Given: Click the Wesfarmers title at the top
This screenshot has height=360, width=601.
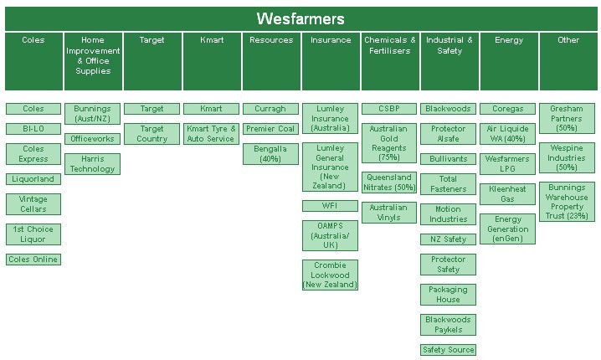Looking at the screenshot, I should click(x=300, y=19).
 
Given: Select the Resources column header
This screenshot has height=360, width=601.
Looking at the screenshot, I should click(x=271, y=40).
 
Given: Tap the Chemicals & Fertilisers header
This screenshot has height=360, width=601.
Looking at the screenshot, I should click(x=389, y=45).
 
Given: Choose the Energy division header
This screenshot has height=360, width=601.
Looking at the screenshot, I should click(x=508, y=40).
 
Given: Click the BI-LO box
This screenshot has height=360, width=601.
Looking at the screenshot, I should click(x=33, y=129).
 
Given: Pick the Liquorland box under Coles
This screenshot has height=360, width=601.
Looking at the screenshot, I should click(x=33, y=179).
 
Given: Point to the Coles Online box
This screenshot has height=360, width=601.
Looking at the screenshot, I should click(x=33, y=260).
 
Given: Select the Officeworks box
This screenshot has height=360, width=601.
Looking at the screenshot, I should click(x=92, y=139).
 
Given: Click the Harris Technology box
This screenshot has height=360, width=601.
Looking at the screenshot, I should click(x=92, y=164).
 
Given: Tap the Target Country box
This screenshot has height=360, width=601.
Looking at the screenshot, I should click(x=152, y=134).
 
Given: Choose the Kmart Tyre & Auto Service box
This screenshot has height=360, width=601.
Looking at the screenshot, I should click(x=211, y=134).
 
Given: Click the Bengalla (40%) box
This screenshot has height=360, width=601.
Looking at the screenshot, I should click(x=270, y=154).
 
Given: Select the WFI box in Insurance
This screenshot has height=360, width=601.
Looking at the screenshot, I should click(x=330, y=206).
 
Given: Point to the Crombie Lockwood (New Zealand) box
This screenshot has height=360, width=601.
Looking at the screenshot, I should click(x=330, y=275).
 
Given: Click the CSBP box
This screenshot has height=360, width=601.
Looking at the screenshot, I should click(x=389, y=109).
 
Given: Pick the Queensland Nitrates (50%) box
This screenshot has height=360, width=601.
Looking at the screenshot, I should click(x=389, y=183).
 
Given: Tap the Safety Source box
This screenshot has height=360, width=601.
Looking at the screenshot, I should click(x=448, y=350).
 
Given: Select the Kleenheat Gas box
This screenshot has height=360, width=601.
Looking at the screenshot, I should click(x=508, y=194).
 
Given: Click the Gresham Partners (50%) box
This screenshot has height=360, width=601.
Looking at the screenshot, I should click(x=567, y=119).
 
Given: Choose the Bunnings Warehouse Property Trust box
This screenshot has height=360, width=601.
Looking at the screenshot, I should click(x=567, y=203).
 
